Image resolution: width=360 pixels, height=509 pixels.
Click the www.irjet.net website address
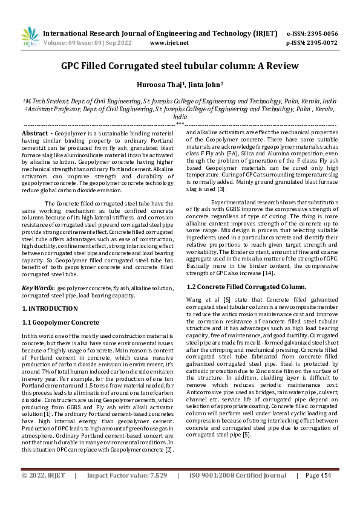[x=167, y=43]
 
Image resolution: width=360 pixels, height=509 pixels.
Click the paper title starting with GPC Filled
[x=180, y=65]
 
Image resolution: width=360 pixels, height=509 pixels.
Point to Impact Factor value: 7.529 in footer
[x=127, y=493]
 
